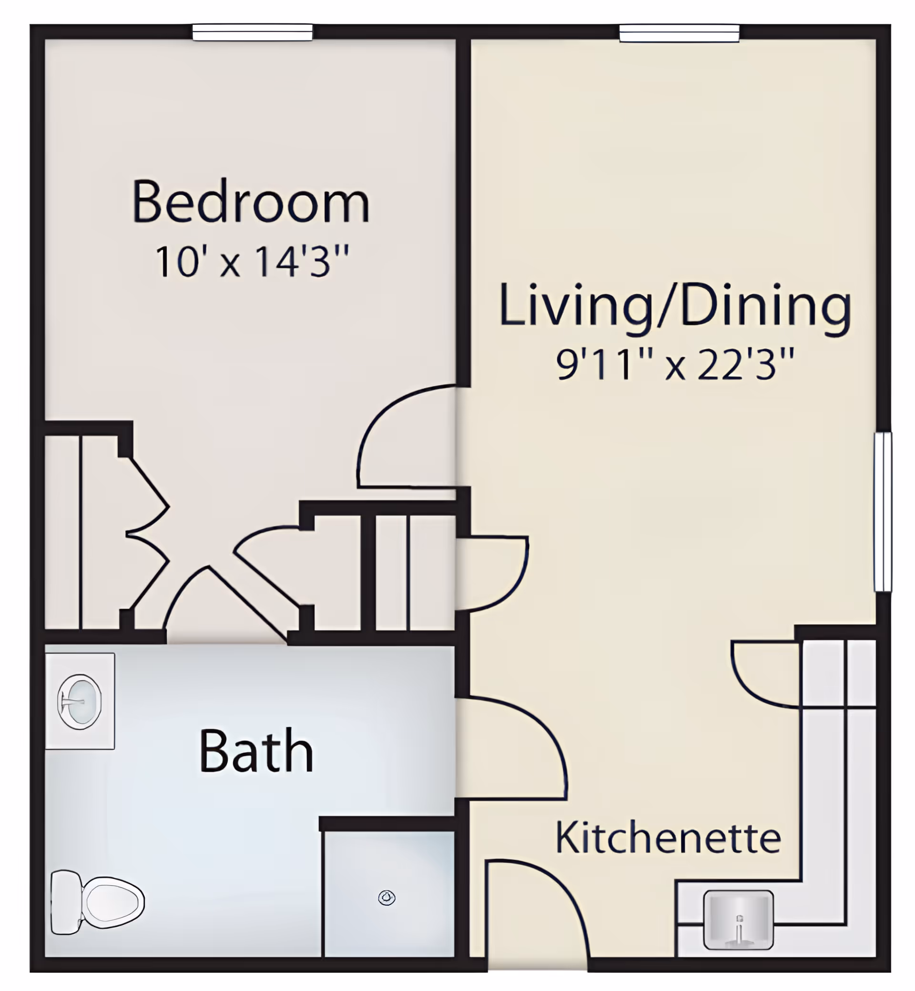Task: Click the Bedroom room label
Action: pyautogui.click(x=251, y=202)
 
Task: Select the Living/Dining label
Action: pyautogui.click(x=675, y=305)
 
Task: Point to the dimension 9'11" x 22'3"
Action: pyautogui.click(x=675, y=364)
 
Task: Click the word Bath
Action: pyautogui.click(x=256, y=750)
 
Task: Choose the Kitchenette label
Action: pyautogui.click(x=668, y=838)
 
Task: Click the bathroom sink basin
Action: pyautogui.click(x=80, y=701)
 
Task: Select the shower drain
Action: pyautogui.click(x=386, y=898)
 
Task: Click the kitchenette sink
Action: pyautogui.click(x=738, y=920)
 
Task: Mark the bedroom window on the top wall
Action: pyautogui.click(x=253, y=33)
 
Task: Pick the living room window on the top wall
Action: pyautogui.click(x=679, y=34)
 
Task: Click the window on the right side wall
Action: pyautogui.click(x=882, y=512)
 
